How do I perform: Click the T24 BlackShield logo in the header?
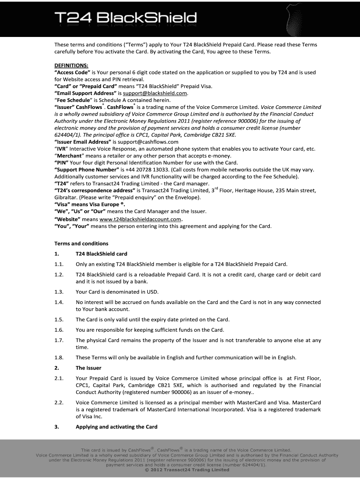coord(125,18)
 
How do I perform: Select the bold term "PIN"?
coord(62,162)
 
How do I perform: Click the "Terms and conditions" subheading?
coord(81,243)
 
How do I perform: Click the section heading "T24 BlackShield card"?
coord(101,254)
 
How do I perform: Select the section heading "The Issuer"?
coord(88,368)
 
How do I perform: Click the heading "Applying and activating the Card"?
coord(116,427)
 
